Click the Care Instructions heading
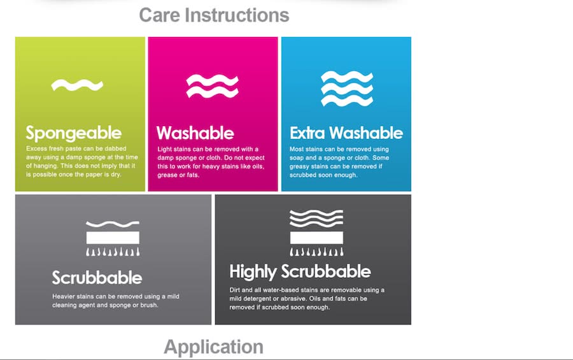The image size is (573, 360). click(214, 16)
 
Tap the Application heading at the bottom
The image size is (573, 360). click(213, 347)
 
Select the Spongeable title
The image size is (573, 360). click(73, 133)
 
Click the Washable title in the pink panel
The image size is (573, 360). click(195, 133)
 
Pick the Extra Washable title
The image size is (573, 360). click(346, 133)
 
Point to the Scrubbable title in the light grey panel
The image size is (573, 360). click(97, 278)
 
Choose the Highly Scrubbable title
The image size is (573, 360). click(300, 272)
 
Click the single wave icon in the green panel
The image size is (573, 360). click(77, 85)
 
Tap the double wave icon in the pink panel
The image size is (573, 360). click(212, 87)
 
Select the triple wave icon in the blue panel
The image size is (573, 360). click(347, 89)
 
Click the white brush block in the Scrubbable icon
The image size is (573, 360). click(113, 238)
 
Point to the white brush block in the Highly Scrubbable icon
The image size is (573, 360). click(316, 238)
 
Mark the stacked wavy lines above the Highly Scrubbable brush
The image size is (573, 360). click(316, 219)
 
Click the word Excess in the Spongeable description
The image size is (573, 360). click(36, 148)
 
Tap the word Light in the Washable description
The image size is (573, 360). click(164, 149)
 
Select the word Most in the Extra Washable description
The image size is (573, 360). click(296, 149)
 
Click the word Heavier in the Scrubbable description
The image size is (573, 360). click(64, 296)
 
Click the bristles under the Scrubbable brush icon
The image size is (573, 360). click(113, 252)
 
